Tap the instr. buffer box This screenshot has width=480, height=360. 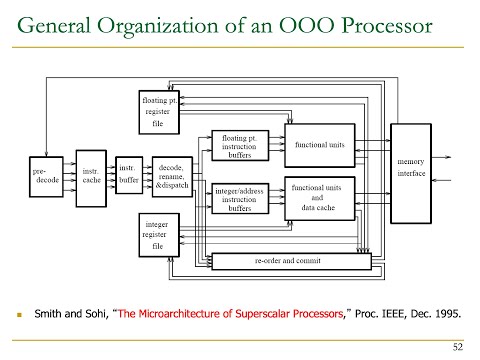(128, 175)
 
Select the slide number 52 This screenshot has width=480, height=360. (458, 347)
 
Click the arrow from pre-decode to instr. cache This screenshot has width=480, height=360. (71, 177)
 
